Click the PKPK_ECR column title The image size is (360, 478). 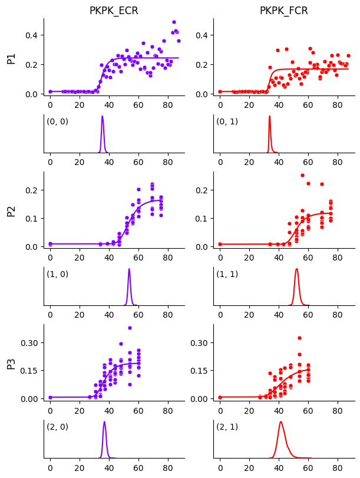[114, 11]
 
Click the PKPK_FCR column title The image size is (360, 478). [284, 11]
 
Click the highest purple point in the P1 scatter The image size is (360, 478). [174, 22]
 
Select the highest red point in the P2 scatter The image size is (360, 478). [302, 175]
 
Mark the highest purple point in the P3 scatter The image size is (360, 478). [130, 328]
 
